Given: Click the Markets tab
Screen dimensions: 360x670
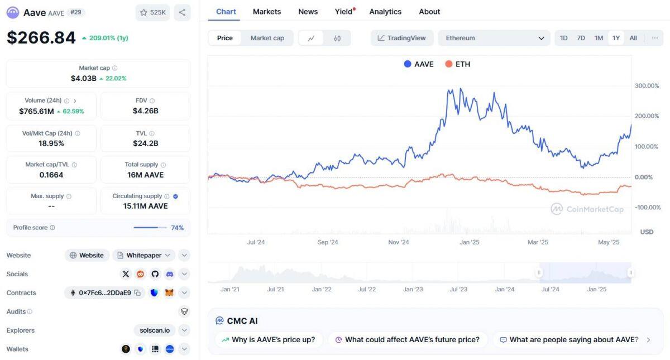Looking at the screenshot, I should (x=267, y=12).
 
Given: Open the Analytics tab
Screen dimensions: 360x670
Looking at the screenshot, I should (x=385, y=12).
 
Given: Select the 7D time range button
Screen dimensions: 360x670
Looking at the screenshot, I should (x=581, y=38).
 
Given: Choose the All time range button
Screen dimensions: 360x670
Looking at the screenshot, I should (x=633, y=38).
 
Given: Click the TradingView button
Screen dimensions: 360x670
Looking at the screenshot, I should (x=401, y=38).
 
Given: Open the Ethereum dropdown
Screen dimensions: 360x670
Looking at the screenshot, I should (x=494, y=38).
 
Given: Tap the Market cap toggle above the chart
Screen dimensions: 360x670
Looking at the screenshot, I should (x=267, y=38).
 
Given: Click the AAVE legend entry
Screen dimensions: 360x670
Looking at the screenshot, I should (x=419, y=64).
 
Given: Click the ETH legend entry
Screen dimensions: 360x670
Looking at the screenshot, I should (x=458, y=64).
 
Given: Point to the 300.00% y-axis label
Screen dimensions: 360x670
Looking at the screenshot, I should (x=647, y=86).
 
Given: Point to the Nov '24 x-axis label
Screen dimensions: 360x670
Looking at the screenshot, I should (x=399, y=242).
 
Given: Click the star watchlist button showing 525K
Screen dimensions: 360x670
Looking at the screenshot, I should (x=152, y=12).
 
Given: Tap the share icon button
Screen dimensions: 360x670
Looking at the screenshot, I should (x=182, y=12).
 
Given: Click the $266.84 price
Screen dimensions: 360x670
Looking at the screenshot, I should (x=41, y=38).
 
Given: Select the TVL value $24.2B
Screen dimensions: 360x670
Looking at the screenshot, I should (x=146, y=143).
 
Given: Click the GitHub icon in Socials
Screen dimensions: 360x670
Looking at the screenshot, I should (x=155, y=274).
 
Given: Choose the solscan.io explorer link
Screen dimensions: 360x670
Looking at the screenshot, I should (x=155, y=330).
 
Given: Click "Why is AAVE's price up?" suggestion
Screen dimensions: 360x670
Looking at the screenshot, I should (x=269, y=339).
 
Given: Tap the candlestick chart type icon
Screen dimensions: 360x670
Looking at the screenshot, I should (x=337, y=38).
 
